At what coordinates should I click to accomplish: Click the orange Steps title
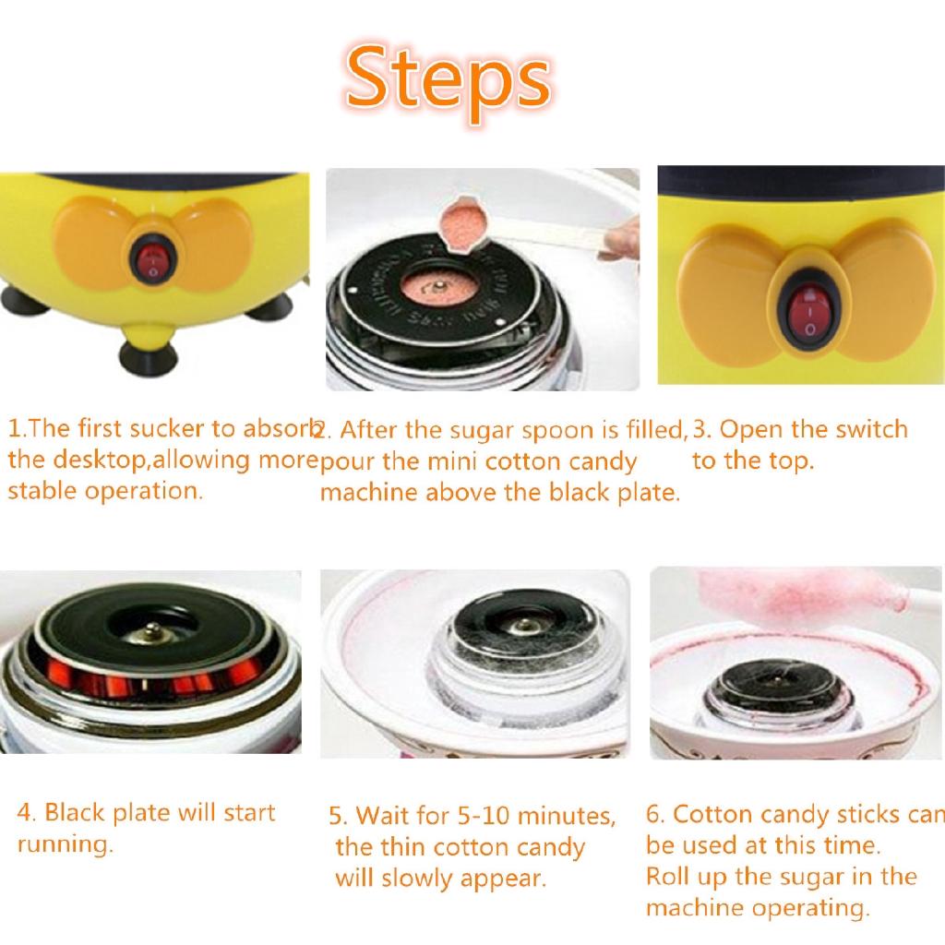click(x=449, y=80)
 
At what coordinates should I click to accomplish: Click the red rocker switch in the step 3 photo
click(x=808, y=315)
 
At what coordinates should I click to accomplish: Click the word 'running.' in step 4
click(x=65, y=843)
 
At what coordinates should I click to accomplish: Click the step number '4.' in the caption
click(x=27, y=813)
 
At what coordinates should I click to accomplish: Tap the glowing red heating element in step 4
click(x=111, y=688)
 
